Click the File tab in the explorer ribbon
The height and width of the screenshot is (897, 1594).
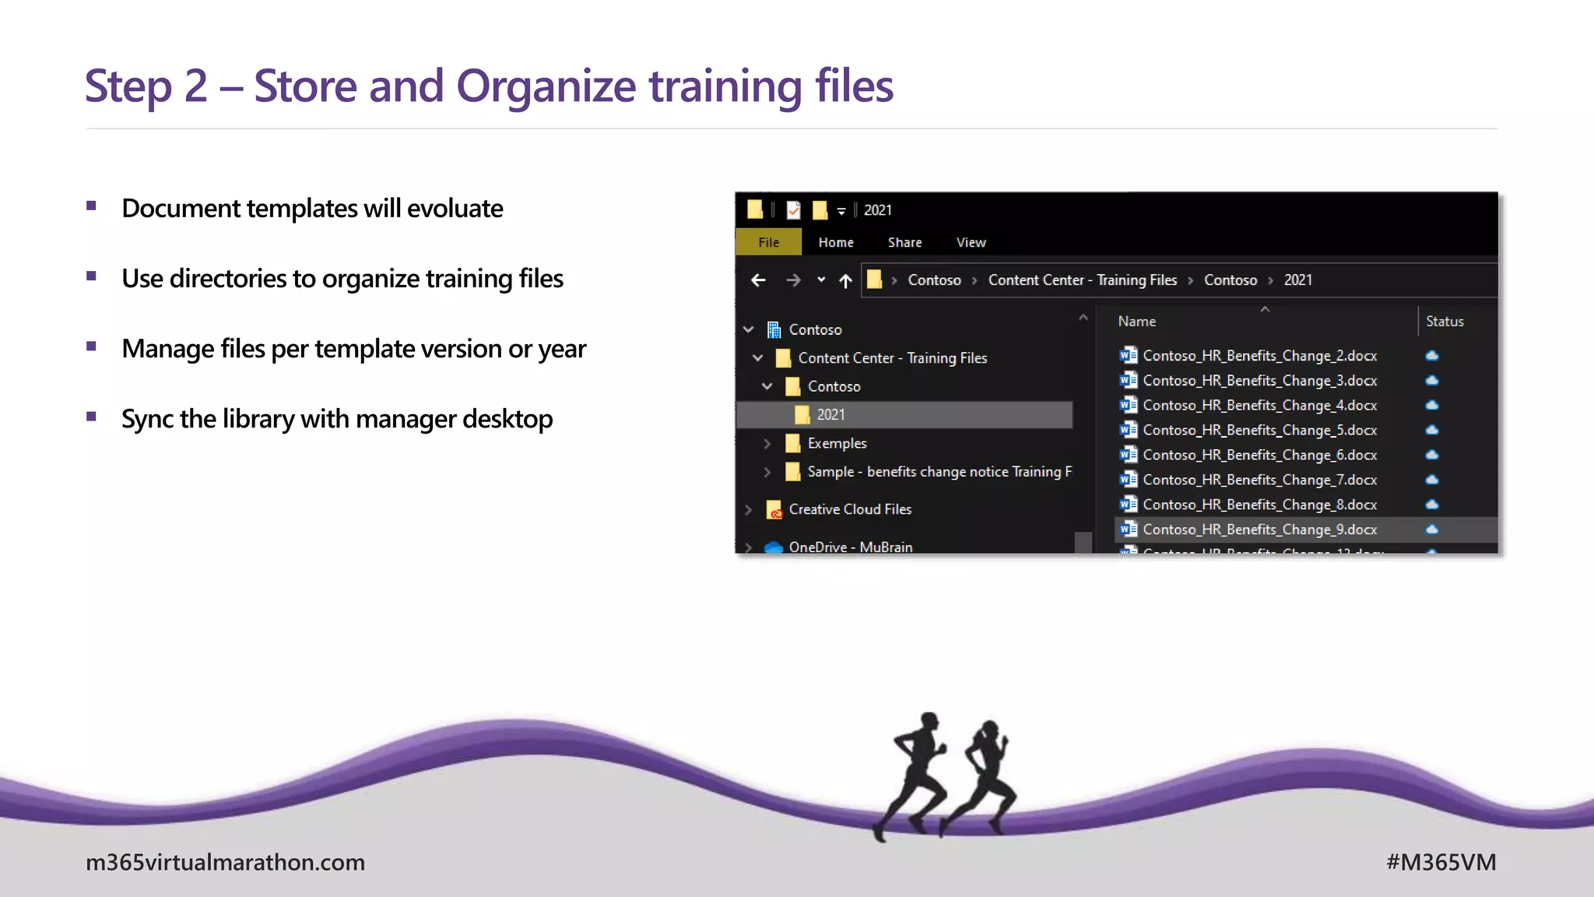(768, 242)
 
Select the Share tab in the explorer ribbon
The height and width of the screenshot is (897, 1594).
(904, 242)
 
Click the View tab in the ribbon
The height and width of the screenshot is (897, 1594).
(971, 242)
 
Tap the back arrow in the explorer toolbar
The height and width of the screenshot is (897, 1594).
(758, 280)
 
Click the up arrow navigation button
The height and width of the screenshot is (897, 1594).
(845, 280)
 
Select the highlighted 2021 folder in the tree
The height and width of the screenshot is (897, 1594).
(830, 415)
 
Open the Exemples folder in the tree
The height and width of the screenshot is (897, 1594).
(837, 443)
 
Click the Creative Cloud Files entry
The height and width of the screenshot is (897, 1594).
(849, 509)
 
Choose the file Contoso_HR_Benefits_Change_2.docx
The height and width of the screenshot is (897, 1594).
(1259, 356)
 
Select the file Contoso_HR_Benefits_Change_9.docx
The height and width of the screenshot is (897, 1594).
(1259, 529)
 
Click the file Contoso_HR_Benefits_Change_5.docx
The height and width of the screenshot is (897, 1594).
(1259, 431)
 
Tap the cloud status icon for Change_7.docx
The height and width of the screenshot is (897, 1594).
(1432, 480)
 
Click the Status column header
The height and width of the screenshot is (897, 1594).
(1445, 322)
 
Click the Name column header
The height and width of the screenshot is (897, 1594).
(1136, 322)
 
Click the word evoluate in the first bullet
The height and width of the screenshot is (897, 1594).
(455, 209)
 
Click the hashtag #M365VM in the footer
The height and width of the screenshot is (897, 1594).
(1441, 862)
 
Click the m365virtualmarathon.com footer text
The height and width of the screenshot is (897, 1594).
(225, 862)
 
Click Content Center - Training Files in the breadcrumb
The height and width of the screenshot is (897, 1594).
(1082, 280)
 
